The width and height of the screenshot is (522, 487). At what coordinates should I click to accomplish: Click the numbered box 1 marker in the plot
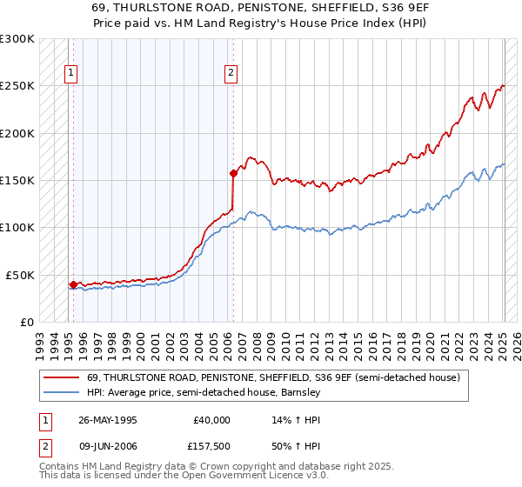70,74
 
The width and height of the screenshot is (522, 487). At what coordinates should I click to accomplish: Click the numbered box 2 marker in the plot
231,74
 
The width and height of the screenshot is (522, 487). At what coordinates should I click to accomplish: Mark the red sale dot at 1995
73,284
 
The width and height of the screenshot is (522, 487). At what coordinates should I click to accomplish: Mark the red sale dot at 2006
232,173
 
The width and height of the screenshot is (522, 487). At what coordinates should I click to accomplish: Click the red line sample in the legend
61,377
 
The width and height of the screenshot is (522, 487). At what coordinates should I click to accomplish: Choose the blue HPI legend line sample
61,392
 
